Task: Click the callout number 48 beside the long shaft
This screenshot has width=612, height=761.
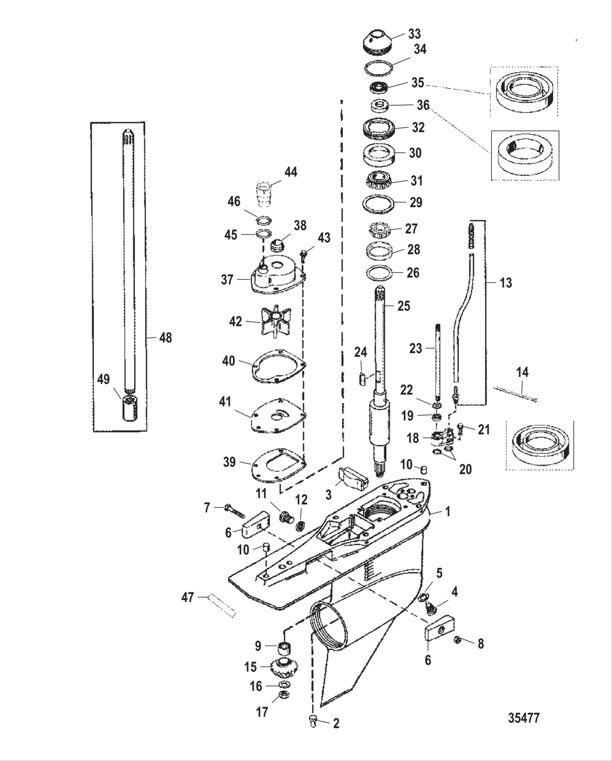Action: point(164,338)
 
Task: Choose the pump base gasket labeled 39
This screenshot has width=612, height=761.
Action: point(279,463)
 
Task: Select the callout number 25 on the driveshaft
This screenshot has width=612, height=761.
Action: point(403,305)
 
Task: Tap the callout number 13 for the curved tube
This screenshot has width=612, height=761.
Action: point(506,282)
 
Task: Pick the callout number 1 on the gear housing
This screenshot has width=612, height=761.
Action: point(448,512)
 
